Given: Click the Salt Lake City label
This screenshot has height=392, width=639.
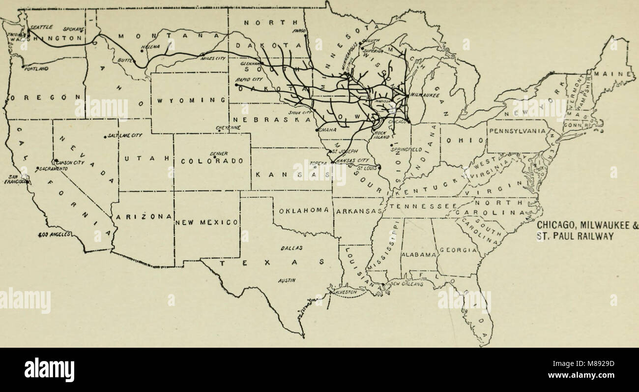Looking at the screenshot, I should click(125, 135).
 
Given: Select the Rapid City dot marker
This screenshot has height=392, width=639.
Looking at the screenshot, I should click(236, 85).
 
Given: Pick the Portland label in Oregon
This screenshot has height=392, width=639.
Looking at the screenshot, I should click(36, 69).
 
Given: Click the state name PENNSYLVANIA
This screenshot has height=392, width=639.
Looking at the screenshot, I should click(518, 131).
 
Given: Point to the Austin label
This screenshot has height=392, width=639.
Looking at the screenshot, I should click(286, 281).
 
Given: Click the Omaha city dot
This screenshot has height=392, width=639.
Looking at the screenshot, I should click(317, 130).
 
